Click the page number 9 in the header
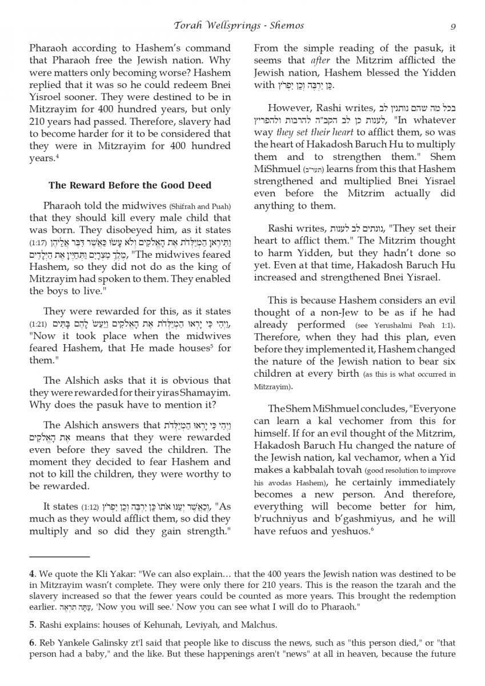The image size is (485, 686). pyautogui.click(x=452, y=25)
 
